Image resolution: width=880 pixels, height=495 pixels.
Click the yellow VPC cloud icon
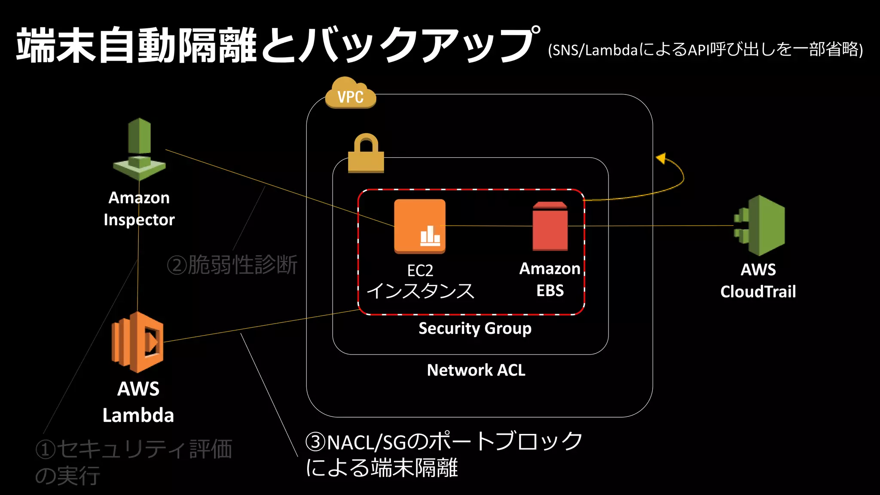point(351,93)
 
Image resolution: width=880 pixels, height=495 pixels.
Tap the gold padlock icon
point(366,154)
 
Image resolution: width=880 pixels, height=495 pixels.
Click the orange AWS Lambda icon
point(137,342)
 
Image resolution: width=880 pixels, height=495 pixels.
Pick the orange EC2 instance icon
point(420,226)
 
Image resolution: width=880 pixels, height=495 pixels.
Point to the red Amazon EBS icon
point(550,226)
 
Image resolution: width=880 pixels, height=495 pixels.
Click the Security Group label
point(475,329)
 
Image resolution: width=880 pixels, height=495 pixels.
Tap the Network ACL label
point(476,370)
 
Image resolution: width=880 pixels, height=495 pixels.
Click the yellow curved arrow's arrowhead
point(661,159)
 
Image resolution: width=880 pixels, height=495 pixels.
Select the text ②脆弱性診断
point(232,265)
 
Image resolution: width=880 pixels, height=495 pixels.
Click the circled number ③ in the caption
point(316,442)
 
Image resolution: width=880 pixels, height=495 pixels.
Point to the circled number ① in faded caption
point(46,450)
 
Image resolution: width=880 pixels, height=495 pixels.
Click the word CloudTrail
point(758,292)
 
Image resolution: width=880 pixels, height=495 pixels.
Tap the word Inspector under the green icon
point(139,220)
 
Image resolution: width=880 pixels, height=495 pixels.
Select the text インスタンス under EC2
point(420,291)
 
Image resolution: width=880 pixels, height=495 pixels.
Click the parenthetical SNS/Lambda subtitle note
point(705,50)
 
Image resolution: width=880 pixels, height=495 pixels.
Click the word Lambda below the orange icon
point(138,416)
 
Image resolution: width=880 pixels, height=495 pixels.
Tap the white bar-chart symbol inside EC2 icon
point(430,236)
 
